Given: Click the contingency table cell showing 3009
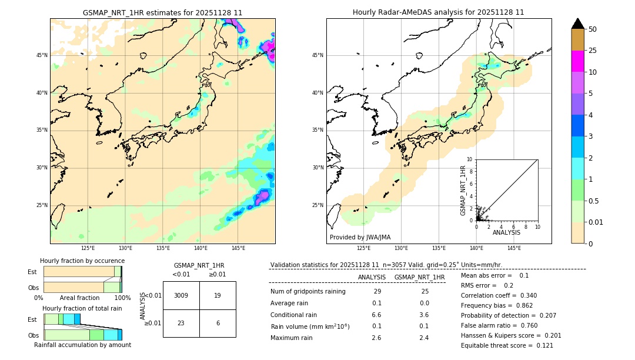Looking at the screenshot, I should (181, 295).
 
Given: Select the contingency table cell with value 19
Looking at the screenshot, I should (218, 295).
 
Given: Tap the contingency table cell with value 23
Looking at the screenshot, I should (181, 323).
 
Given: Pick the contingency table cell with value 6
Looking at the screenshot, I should (218, 323).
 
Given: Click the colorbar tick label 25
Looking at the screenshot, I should (593, 51).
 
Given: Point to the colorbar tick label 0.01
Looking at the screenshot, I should (596, 222).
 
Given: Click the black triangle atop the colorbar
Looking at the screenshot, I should (578, 24).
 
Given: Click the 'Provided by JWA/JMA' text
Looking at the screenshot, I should (360, 237).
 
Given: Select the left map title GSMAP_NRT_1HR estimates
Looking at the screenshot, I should (162, 12).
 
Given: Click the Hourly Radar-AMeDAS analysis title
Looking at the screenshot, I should (439, 12).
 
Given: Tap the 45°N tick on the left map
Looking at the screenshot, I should (42, 55).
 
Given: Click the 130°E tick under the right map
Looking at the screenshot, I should (401, 248).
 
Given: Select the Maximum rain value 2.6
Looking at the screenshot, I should (376, 338).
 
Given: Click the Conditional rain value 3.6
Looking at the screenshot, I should (423, 315).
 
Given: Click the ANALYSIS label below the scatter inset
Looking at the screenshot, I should (506, 232).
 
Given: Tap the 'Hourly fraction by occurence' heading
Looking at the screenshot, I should (82, 261).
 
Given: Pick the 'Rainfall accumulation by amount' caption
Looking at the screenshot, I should (82, 345).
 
